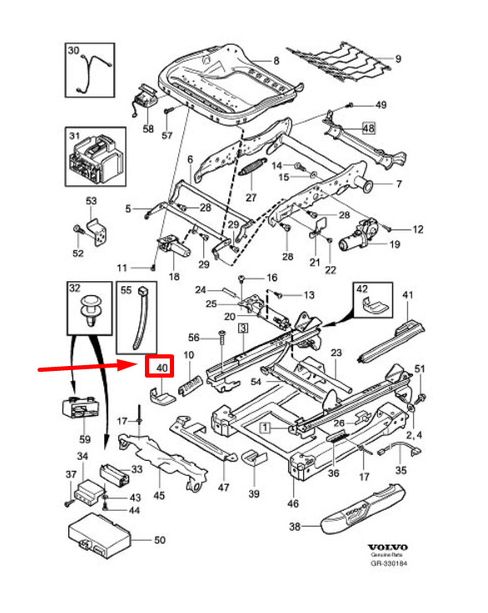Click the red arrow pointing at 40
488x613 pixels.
(x=86, y=367)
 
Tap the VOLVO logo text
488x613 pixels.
(x=388, y=547)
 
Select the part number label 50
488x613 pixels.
(x=160, y=540)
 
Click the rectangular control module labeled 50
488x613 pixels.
(x=99, y=536)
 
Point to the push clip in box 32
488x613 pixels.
(x=92, y=311)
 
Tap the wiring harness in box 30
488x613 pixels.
(x=92, y=73)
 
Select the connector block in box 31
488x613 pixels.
(x=96, y=158)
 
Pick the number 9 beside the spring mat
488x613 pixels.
(x=398, y=59)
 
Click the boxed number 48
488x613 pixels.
(x=368, y=128)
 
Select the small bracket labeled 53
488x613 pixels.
(x=97, y=232)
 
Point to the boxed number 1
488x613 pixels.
(x=266, y=428)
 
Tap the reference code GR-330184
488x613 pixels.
(x=389, y=563)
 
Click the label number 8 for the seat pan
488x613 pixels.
(x=276, y=61)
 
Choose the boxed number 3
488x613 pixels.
(x=243, y=328)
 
